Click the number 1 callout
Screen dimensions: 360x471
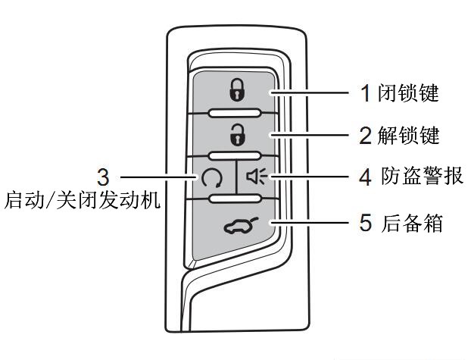(366, 93)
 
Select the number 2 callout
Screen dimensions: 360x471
(366, 136)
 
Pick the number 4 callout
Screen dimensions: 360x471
(366, 178)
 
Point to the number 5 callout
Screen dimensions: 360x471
(366, 224)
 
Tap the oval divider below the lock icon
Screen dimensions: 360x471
(235, 113)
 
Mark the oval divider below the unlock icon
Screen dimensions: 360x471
(235, 158)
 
